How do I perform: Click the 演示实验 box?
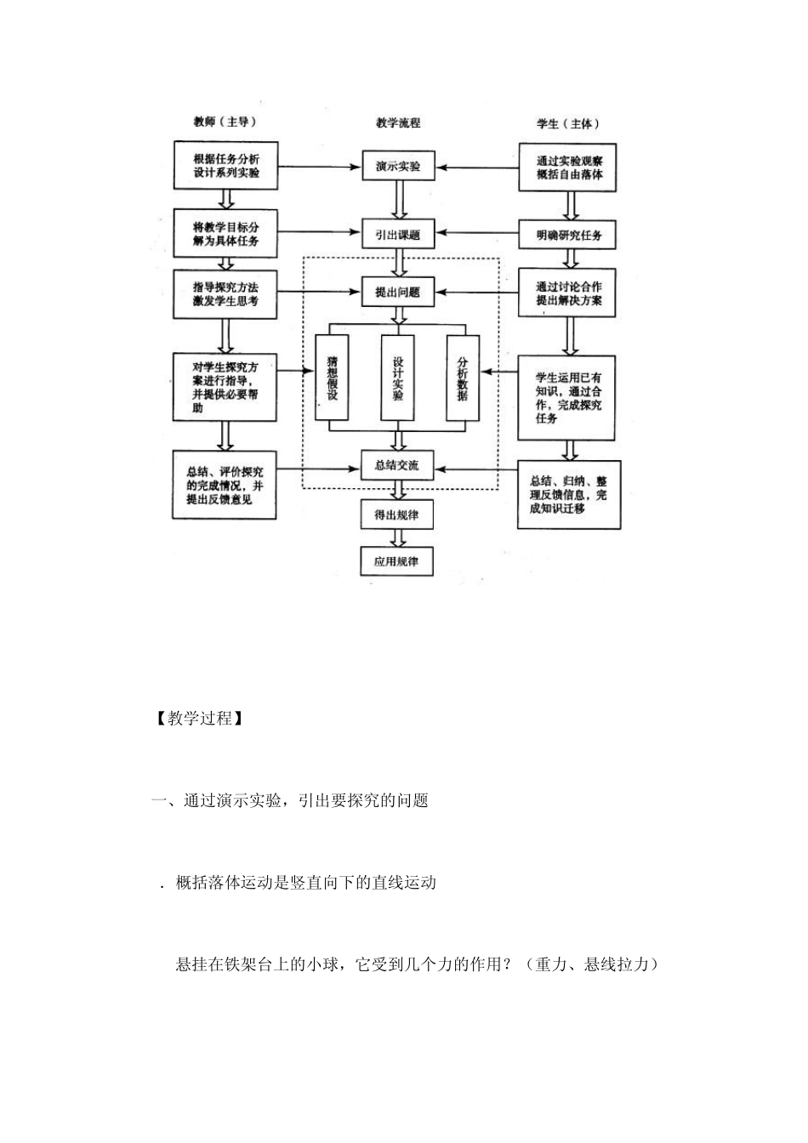(398, 166)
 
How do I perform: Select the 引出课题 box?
(398, 234)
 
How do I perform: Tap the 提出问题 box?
(398, 293)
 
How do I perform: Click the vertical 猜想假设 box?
(332, 378)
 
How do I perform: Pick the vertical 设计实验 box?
(398, 378)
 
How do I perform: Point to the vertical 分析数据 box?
(463, 378)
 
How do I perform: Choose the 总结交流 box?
(397, 466)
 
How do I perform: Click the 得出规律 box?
(397, 515)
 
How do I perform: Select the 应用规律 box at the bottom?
(397, 562)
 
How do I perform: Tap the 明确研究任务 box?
(567, 235)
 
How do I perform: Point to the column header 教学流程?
(398, 123)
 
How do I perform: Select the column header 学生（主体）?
(568, 123)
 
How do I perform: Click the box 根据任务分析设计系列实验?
(225, 166)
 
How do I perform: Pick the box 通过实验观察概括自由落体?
(567, 168)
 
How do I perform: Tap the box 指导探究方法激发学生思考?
(225, 294)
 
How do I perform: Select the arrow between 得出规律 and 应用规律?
(397, 538)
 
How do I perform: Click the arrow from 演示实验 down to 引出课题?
(398, 200)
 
